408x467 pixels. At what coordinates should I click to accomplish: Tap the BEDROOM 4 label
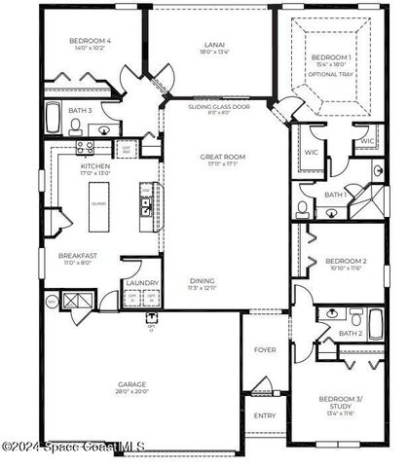tap(90, 42)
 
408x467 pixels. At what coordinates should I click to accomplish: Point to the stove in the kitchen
tap(85, 147)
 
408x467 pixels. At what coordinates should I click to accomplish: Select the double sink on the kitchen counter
tap(144, 205)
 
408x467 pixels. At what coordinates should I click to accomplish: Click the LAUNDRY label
tap(137, 284)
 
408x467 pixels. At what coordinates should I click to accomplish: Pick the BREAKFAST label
tap(77, 256)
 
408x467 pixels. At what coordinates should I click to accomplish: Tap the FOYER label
tap(264, 349)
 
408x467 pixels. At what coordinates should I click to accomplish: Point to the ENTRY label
tap(264, 415)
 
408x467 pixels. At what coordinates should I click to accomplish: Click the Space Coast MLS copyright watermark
tap(73, 447)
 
